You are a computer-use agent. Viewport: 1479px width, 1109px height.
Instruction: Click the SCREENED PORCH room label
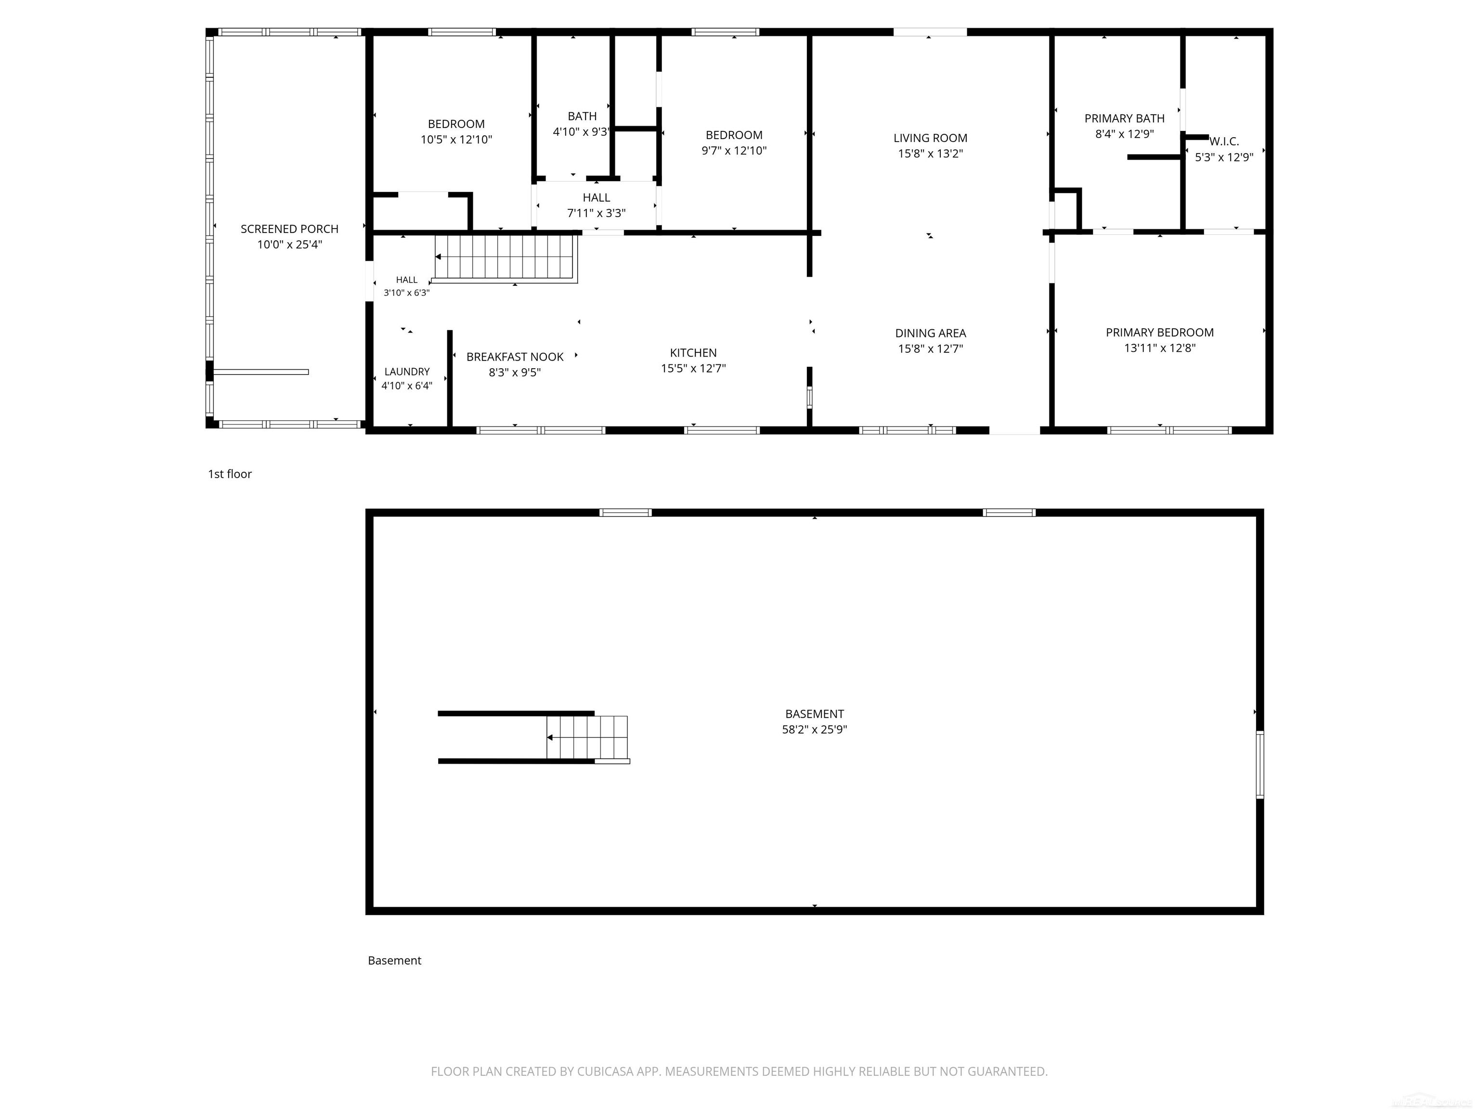[x=289, y=229]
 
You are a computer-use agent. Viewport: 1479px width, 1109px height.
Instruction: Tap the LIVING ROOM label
[x=930, y=138]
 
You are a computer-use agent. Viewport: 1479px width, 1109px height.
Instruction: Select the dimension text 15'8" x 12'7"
[x=930, y=349]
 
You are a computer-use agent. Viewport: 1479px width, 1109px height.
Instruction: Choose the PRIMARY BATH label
[x=1124, y=119]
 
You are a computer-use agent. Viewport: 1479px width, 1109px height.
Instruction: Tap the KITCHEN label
[x=693, y=353]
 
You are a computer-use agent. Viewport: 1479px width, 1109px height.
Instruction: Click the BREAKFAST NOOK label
[x=515, y=357]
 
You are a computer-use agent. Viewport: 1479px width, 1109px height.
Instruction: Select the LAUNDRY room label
[x=406, y=372]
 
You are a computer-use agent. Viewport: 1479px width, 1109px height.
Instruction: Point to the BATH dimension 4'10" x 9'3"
[x=582, y=132]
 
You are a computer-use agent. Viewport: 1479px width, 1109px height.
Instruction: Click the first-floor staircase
[x=506, y=258]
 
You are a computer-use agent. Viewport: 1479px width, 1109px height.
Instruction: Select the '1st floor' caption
[x=229, y=474]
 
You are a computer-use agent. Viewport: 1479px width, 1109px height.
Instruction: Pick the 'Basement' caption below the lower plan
[x=394, y=961]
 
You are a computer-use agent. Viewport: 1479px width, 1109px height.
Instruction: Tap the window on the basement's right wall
[x=1259, y=765]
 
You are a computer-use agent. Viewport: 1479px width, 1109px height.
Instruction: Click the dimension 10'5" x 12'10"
[x=456, y=140]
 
